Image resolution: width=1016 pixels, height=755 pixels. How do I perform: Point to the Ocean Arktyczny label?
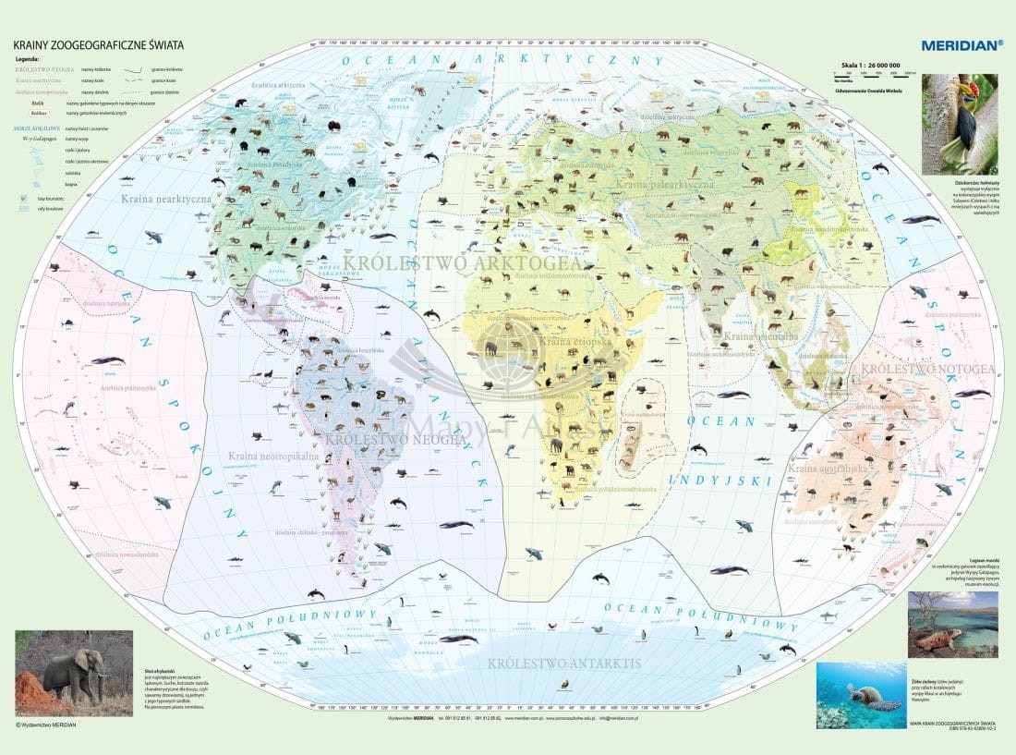tap(503, 60)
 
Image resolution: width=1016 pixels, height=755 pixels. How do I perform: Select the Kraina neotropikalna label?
tap(274, 456)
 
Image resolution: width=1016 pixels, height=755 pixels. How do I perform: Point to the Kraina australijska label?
tap(827, 469)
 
